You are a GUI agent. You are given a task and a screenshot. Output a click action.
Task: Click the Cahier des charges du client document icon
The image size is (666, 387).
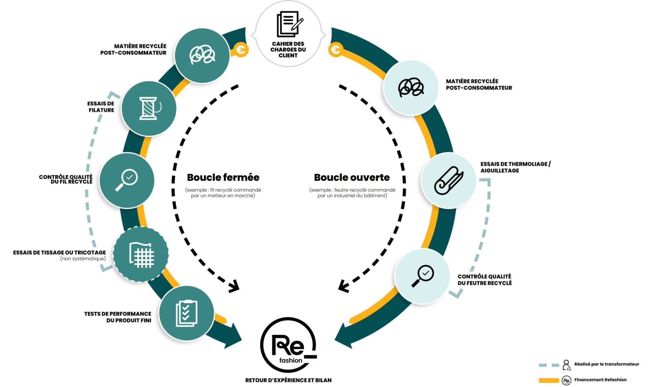[x=289, y=24]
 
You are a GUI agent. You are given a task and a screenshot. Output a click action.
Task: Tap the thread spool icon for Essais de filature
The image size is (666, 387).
[x=149, y=109]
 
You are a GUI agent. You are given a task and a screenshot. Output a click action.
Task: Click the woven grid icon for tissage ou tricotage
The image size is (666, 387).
[x=141, y=255]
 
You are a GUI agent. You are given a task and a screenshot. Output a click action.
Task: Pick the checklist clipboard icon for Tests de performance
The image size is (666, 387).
[x=187, y=313]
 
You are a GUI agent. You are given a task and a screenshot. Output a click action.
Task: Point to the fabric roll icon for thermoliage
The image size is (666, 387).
[x=449, y=180]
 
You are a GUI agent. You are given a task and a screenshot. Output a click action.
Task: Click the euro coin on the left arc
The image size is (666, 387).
[x=241, y=50]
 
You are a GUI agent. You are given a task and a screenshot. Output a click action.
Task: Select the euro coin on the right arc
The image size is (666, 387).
[x=335, y=50]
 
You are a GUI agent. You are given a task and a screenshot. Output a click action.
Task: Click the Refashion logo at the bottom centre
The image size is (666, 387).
[x=289, y=345]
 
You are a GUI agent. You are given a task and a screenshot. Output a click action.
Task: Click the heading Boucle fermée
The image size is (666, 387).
[x=223, y=177]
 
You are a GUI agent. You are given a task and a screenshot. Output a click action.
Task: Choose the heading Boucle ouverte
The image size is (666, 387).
[x=352, y=177]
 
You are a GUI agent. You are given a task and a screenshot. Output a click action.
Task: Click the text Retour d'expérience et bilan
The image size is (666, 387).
[x=288, y=380]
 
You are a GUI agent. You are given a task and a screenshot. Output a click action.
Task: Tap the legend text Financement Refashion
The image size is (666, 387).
[x=600, y=380]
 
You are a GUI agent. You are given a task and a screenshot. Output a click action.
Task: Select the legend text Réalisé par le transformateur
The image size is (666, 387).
[x=606, y=364]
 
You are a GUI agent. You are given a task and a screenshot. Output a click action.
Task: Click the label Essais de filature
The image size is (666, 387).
[x=101, y=107]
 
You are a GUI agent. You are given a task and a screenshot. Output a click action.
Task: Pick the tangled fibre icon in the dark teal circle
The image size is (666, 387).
[x=202, y=55]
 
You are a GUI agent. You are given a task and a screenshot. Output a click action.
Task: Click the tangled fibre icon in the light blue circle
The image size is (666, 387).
[x=411, y=87]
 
